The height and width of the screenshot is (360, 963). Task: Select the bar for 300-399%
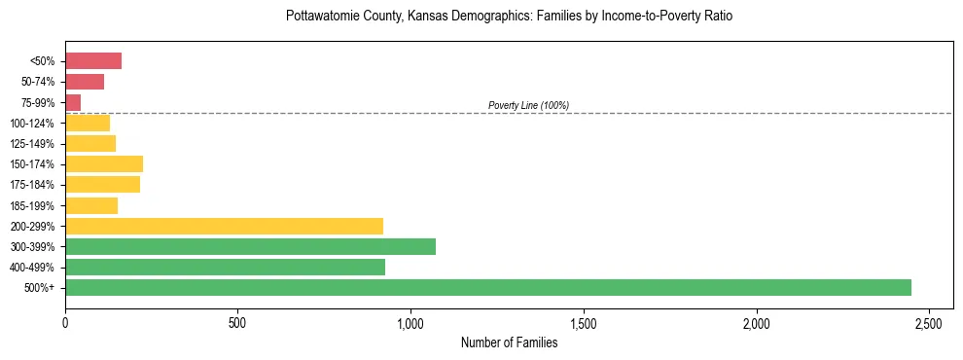[250, 246]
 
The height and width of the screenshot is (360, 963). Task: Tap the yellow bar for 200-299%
[224, 226]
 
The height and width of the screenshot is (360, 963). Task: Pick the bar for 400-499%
[225, 267]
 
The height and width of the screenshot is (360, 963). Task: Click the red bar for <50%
[93, 61]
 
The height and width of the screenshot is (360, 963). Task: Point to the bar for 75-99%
[73, 102]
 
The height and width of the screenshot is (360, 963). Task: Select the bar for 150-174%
[104, 163]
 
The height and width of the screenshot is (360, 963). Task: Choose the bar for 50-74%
[85, 82]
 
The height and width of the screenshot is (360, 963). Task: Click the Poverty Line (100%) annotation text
[528, 105]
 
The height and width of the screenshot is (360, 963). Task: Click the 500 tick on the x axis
[238, 322]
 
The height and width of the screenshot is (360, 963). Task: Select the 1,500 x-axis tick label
[584, 322]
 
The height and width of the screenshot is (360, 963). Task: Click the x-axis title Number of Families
[509, 342]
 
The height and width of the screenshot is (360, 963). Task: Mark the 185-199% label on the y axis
[36, 205]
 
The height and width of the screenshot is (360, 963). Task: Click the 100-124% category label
[36, 123]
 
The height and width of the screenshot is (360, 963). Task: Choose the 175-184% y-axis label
[36, 185]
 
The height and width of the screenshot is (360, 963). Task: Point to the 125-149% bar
[90, 143]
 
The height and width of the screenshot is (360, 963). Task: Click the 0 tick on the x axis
[65, 322]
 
